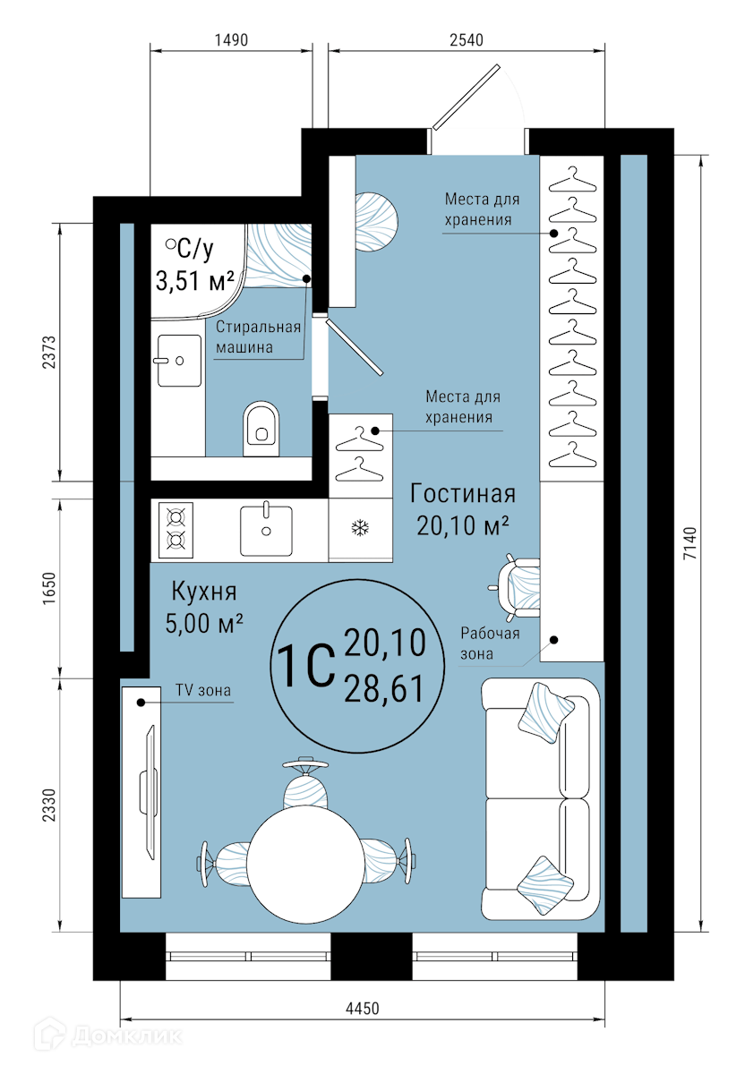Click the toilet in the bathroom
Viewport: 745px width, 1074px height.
tap(261, 428)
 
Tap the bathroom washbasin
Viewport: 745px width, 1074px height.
tap(179, 360)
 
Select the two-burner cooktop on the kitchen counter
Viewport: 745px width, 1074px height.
tap(176, 530)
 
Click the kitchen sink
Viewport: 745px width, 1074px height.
tap(266, 529)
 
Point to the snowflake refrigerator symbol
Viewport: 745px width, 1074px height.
tap(360, 528)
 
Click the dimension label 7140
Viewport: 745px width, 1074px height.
tap(690, 543)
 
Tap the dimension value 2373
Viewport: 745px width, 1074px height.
tap(49, 353)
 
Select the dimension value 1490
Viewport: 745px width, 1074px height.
tap(231, 40)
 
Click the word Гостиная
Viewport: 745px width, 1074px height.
tap(463, 494)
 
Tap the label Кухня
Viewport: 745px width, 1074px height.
tap(204, 592)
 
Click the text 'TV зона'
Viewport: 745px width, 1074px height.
tap(203, 690)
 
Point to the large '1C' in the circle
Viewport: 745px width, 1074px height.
tap(305, 666)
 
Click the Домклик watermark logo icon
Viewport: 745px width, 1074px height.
tap(50, 1036)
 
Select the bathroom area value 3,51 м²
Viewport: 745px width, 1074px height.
tap(195, 280)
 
